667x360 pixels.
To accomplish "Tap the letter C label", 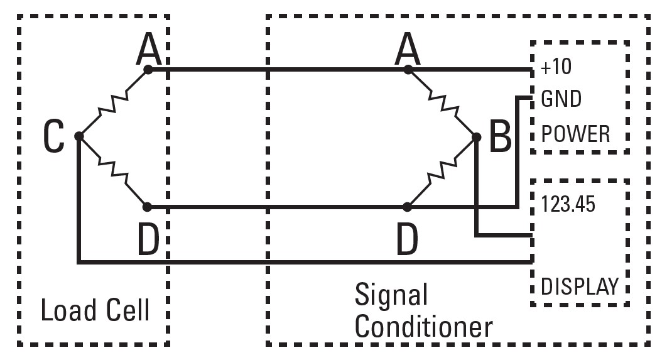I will pyautogui.click(x=54, y=136).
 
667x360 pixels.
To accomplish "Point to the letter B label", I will pyautogui.click(x=500, y=136).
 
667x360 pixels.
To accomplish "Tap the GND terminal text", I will pyautogui.click(x=561, y=100).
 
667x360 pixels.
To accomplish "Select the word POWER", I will pyautogui.click(x=575, y=133).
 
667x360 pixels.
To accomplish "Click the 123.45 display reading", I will pyautogui.click(x=568, y=205).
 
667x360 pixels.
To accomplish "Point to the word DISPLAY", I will pyautogui.click(x=580, y=286).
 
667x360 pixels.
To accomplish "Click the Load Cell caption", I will pyautogui.click(x=95, y=310).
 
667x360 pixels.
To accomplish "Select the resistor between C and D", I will pyautogui.click(x=114, y=171).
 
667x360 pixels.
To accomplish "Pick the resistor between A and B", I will pyautogui.click(x=442, y=102).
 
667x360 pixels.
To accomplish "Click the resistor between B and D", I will pyautogui.click(x=442, y=171).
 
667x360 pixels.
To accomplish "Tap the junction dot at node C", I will pyautogui.click(x=79, y=136).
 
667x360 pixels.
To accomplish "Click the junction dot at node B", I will pyautogui.click(x=476, y=136).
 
